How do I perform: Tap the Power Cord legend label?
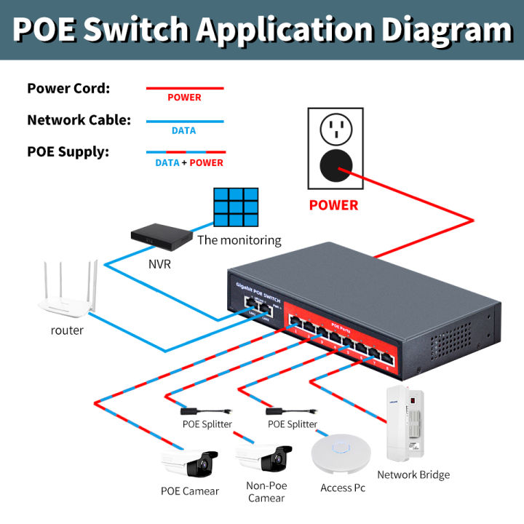click(68, 89)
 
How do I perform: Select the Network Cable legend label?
click(79, 120)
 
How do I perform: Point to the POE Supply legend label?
click(68, 151)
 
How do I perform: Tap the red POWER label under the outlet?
click(333, 205)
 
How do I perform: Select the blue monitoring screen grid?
click(236, 209)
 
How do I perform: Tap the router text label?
click(67, 330)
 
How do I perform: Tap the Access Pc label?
click(343, 488)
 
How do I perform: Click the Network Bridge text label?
click(413, 475)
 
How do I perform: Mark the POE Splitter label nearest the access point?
click(293, 424)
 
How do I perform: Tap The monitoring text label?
click(239, 240)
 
